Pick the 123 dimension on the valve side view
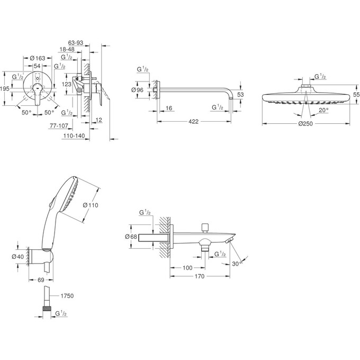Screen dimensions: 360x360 pos(67,84)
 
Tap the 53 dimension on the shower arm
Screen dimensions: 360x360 pos(240,94)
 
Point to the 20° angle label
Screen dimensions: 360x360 pos(323,110)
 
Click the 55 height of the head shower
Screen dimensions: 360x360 pos(356,94)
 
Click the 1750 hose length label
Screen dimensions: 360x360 pos(66,295)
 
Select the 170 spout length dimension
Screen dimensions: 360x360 pos(200,276)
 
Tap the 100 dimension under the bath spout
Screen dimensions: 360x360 pos(187,268)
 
